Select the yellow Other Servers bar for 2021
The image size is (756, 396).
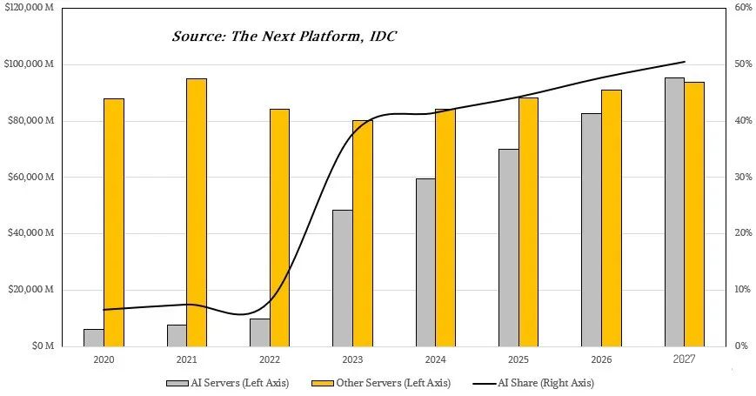(197, 212)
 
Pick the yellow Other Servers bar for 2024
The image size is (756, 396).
(445, 227)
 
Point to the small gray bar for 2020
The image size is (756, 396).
(94, 337)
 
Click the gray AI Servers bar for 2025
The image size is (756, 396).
(508, 247)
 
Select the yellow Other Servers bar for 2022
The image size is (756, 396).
(279, 227)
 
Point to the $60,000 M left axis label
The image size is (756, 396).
(33, 178)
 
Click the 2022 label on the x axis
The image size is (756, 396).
(270, 359)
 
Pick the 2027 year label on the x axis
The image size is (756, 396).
(684, 358)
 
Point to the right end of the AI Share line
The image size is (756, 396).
(685, 62)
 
